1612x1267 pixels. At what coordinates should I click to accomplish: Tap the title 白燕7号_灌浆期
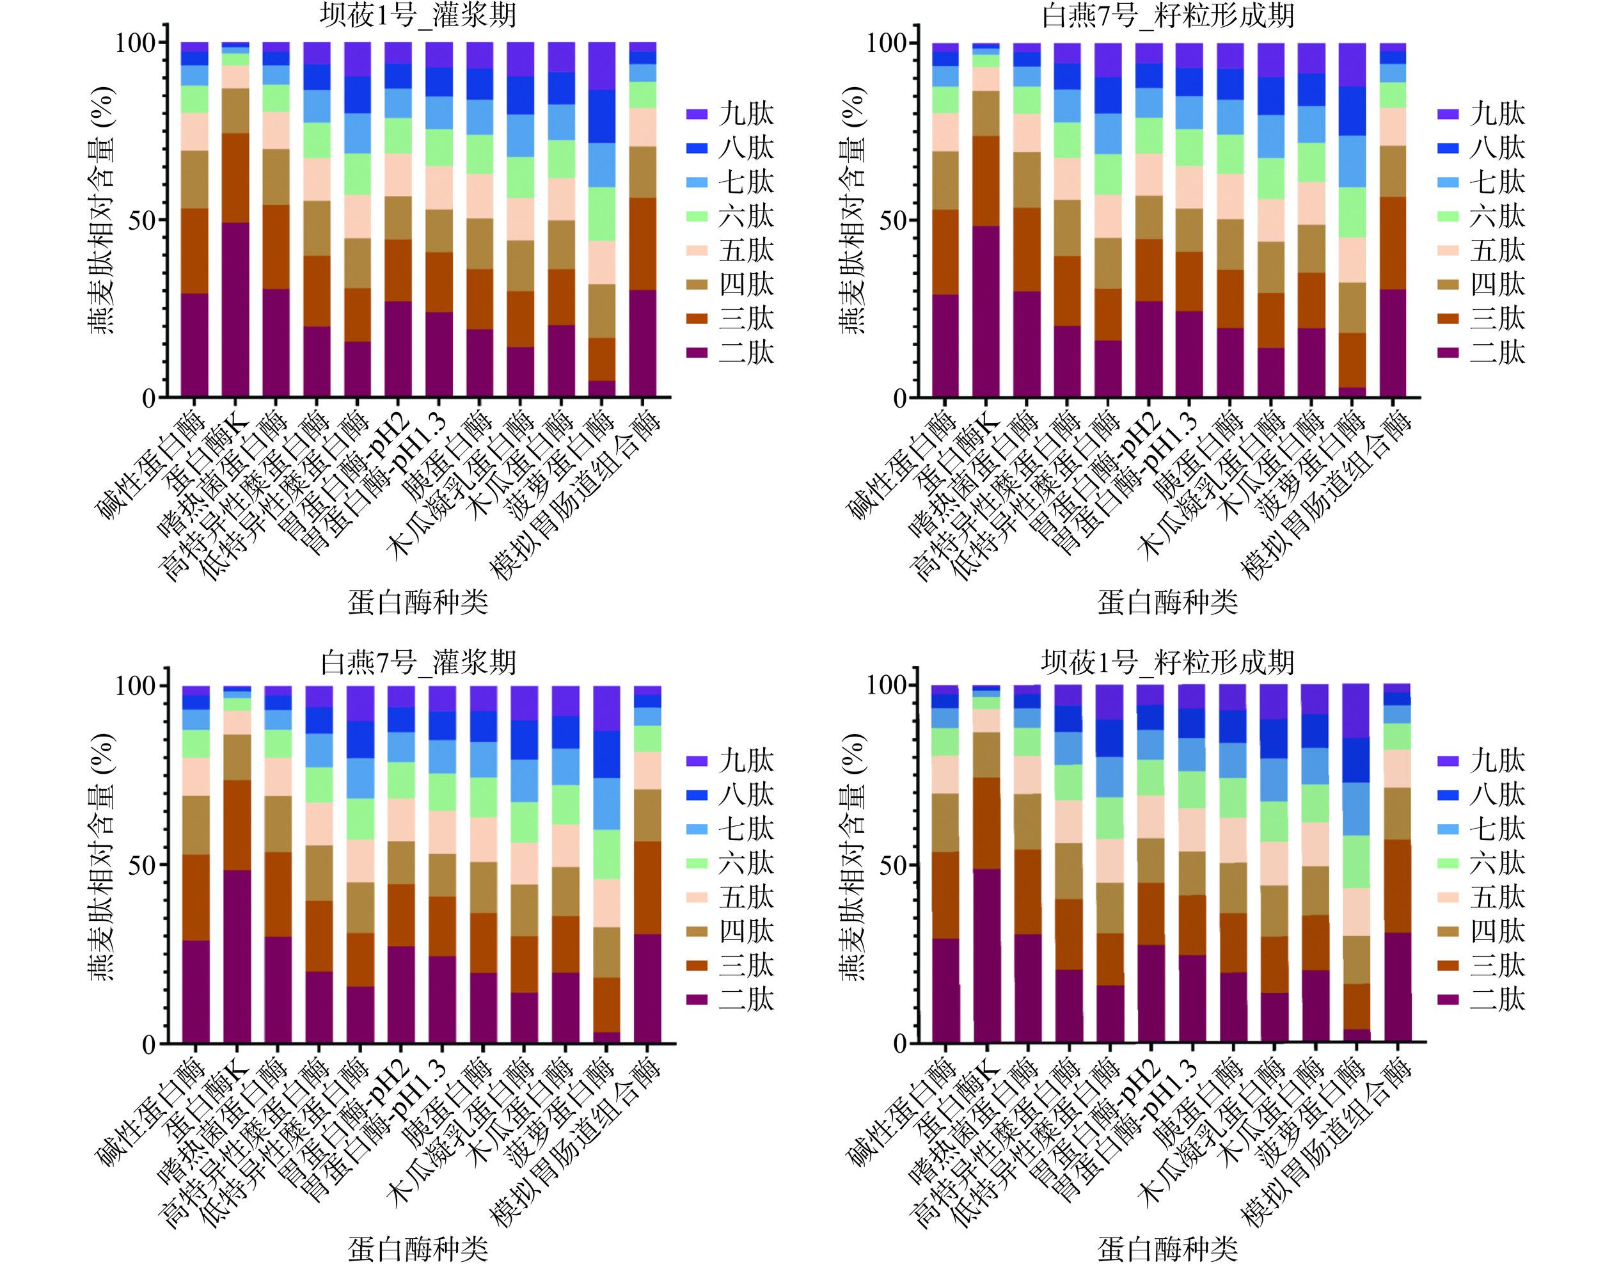coord(418,662)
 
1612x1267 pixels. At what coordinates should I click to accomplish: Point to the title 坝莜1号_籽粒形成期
coord(1168,662)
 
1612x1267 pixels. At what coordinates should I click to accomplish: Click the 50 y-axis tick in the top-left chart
coord(141,221)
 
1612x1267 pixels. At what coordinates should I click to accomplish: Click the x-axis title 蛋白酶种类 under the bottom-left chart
coord(418,1249)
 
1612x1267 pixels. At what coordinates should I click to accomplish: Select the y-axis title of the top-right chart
coord(852,211)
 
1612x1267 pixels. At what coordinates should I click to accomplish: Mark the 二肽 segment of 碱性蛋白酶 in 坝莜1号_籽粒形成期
coord(945,991)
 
